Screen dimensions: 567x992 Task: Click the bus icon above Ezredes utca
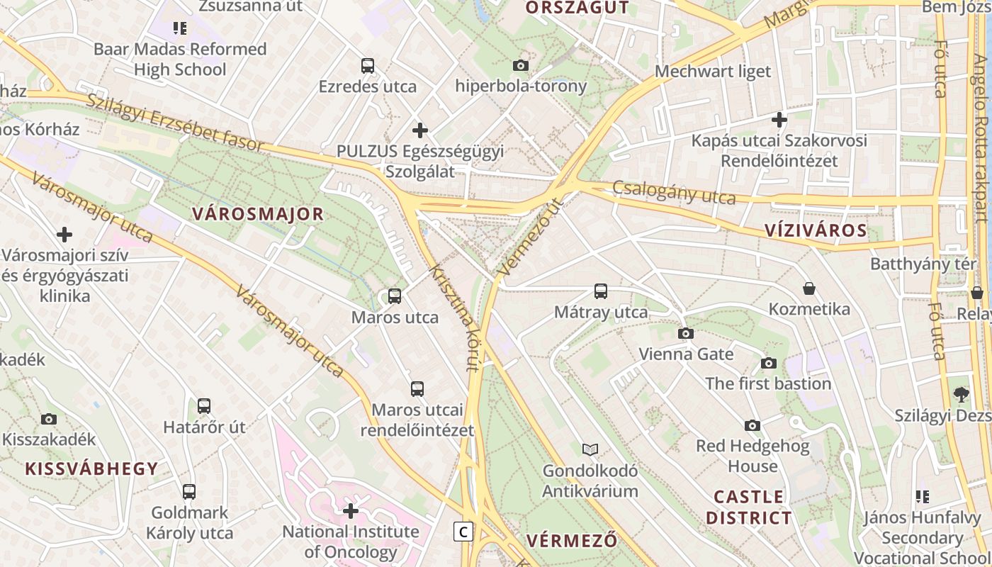[x=368, y=66]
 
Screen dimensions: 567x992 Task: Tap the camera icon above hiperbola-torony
[x=521, y=65]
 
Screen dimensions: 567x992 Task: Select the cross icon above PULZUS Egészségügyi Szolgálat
[x=420, y=130]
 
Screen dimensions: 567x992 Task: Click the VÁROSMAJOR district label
[x=258, y=214]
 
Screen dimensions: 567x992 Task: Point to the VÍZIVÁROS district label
[x=816, y=230]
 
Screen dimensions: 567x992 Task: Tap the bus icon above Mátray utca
[x=601, y=291]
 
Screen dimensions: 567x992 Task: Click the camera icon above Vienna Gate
[x=686, y=333]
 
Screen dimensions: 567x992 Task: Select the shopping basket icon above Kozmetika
[x=809, y=288]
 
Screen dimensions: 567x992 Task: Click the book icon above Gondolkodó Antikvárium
[x=590, y=449]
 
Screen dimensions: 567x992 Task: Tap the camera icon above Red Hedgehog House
[x=753, y=425]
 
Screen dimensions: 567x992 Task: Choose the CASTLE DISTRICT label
[x=749, y=507]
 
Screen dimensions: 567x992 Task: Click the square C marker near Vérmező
[x=463, y=532]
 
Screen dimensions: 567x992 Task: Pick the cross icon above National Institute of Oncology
[x=351, y=510]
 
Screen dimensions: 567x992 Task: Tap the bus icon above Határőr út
[x=204, y=406]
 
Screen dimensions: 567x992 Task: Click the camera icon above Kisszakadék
[x=49, y=418]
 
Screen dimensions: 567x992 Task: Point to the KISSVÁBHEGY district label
[x=91, y=468]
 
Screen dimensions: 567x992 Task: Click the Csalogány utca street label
[x=674, y=192]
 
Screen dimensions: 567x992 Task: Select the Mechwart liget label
[x=713, y=71]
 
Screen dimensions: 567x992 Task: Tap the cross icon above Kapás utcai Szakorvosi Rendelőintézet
[x=779, y=120]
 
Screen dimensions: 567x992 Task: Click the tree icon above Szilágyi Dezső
[x=961, y=395]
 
